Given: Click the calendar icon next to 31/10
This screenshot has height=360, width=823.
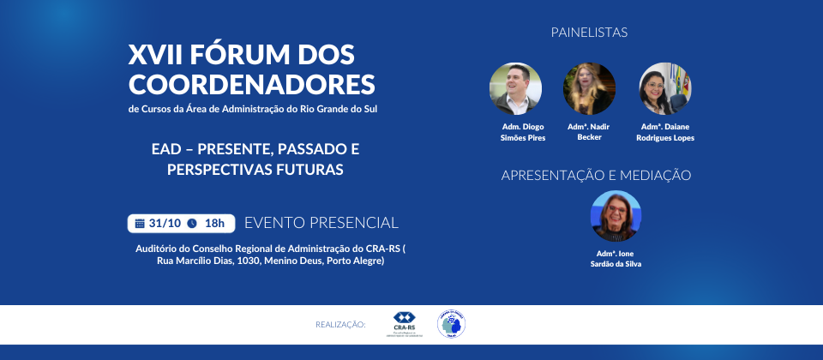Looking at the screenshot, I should click(140, 224).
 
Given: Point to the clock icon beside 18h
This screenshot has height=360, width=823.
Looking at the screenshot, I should click(192, 224).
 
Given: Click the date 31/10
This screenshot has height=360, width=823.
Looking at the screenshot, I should click(165, 224).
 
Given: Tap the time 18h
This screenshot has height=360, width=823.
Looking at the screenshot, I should click(214, 224).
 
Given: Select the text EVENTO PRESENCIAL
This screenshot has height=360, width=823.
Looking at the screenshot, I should click(321, 223).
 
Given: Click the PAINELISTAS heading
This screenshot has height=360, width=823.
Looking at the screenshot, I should click(589, 33).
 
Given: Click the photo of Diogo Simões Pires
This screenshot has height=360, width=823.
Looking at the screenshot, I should click(515, 89).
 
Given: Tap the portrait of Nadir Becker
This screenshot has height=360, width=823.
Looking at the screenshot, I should click(589, 89).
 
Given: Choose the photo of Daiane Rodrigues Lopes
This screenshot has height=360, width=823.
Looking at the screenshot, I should click(665, 89).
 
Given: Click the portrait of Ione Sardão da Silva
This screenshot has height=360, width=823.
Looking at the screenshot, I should click(616, 215).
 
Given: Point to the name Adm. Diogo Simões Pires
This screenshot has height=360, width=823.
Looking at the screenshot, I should click(523, 132).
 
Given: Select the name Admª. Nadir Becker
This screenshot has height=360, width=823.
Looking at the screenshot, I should click(589, 132).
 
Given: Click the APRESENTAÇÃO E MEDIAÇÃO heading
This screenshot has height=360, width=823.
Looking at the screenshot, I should click(596, 175).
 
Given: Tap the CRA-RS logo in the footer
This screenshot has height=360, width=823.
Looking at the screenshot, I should click(404, 324).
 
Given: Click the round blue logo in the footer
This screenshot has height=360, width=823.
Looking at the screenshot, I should click(451, 324).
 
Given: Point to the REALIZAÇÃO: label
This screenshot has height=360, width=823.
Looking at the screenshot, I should click(340, 325).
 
